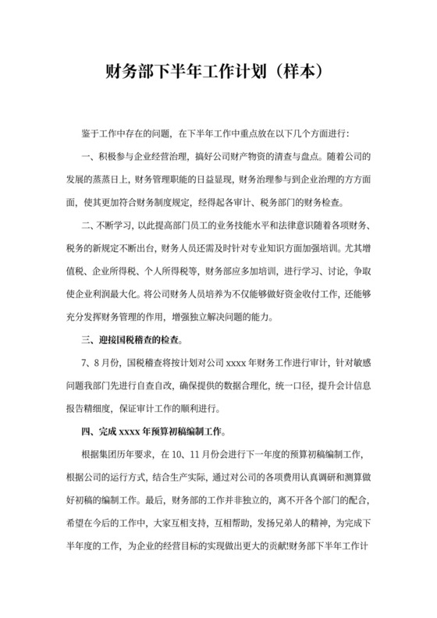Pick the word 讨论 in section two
[336, 271]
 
